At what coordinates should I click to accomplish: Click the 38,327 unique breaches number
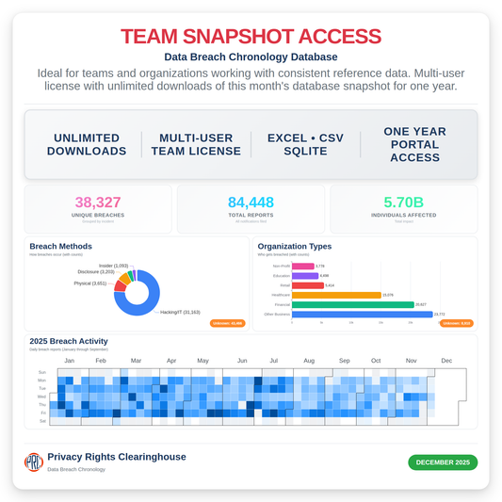click(x=98, y=202)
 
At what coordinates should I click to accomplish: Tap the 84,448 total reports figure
click(x=251, y=202)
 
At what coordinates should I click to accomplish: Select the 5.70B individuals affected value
click(x=403, y=202)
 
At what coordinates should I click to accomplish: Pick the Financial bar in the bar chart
click(x=353, y=304)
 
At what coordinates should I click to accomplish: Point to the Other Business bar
click(x=363, y=314)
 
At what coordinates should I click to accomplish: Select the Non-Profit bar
click(x=303, y=267)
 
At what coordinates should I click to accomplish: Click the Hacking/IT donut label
click(x=179, y=312)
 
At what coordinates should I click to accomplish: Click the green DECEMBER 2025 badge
click(x=443, y=462)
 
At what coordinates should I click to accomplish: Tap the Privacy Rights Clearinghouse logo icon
click(x=33, y=462)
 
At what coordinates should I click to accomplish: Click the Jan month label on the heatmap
click(x=69, y=361)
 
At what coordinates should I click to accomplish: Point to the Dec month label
click(x=445, y=361)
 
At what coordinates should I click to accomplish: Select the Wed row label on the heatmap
click(x=42, y=397)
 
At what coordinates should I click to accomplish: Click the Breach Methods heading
click(x=61, y=247)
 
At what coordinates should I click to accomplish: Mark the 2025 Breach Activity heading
click(x=69, y=341)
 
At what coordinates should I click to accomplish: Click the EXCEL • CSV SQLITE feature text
click(x=306, y=144)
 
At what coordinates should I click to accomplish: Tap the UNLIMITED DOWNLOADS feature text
click(x=87, y=144)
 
